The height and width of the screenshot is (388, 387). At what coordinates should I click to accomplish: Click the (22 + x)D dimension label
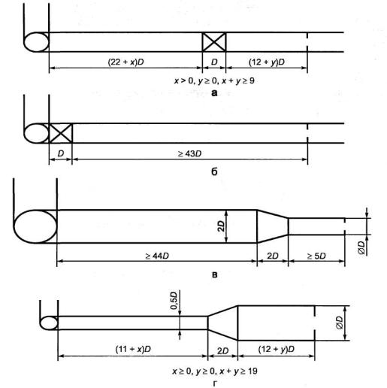coord(125,62)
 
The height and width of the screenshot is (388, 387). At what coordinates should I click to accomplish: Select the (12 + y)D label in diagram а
coord(267,62)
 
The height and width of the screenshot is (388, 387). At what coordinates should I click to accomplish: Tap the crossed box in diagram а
coord(214,42)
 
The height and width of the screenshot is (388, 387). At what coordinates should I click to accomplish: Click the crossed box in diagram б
coord(61,133)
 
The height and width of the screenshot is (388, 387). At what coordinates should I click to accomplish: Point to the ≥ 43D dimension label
coord(189,153)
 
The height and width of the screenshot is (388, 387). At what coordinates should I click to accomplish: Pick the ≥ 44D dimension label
coord(157,256)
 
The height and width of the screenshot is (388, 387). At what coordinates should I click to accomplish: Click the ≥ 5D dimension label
coord(316,256)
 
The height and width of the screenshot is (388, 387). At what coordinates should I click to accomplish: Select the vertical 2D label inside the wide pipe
coord(221,226)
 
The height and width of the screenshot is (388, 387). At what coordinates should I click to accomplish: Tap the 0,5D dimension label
coord(174,300)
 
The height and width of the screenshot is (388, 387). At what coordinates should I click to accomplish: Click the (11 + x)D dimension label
coord(133,349)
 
